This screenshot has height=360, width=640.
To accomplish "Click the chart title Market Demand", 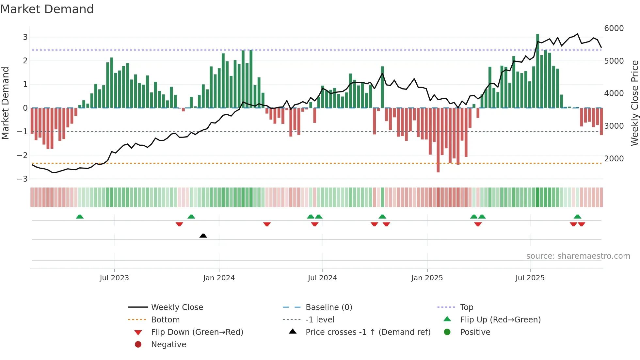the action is [47, 9].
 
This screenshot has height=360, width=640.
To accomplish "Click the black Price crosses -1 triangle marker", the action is [203, 236].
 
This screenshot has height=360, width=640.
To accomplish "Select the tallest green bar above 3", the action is [537, 70].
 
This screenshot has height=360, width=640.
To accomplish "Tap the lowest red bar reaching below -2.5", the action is [438, 140].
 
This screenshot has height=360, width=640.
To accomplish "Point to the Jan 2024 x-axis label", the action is [219, 278].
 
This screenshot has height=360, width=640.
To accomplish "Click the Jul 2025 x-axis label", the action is [530, 278].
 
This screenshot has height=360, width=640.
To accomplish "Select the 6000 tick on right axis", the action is [614, 28].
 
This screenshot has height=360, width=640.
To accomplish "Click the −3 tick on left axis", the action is [23, 179].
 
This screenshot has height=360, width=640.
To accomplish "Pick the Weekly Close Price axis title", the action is [634, 103].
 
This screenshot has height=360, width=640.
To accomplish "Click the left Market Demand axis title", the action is [6, 103].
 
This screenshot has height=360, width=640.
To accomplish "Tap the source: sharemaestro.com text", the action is [578, 256].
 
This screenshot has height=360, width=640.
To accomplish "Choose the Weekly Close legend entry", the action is [177, 307].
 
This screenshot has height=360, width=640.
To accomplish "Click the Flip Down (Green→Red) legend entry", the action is [197, 332].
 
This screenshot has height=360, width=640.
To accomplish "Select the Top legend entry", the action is [466, 307].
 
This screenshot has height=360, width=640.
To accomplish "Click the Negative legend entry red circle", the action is [138, 344].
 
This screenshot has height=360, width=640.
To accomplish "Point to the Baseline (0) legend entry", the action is [328, 307].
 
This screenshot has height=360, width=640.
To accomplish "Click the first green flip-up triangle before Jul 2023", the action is [80, 217].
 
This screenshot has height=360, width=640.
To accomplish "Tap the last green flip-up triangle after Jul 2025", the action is [577, 217].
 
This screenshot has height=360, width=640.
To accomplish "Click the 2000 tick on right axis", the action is [614, 158].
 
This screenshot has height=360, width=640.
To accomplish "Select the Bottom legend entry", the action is [165, 319].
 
